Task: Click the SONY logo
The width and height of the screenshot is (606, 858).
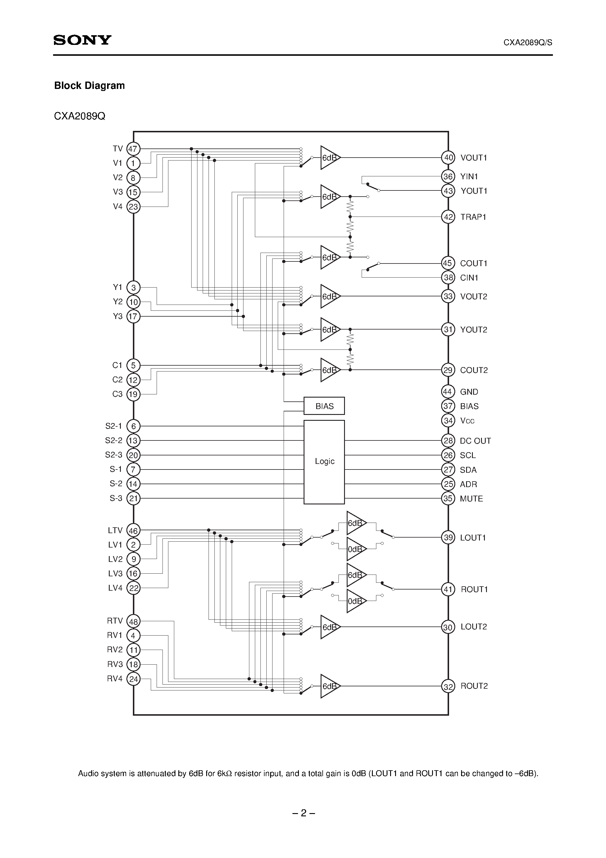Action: (82, 40)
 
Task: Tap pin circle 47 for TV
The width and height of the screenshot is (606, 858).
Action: (133, 149)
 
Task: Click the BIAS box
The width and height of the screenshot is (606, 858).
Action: (324, 406)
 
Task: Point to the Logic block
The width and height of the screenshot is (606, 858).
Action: (324, 462)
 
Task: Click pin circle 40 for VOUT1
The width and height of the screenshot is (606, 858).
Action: (448, 157)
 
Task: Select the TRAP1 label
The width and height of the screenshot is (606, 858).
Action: (473, 217)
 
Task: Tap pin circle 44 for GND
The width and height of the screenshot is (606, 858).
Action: (448, 392)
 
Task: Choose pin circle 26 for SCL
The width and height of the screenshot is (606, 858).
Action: (448, 455)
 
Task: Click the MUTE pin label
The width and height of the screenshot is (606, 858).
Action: (471, 499)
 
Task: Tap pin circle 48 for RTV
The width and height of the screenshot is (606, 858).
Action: (133, 621)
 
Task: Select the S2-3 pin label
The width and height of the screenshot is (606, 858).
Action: (114, 455)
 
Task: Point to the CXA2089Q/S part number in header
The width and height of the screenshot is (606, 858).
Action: (528, 43)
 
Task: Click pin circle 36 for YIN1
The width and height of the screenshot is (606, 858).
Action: (448, 176)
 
